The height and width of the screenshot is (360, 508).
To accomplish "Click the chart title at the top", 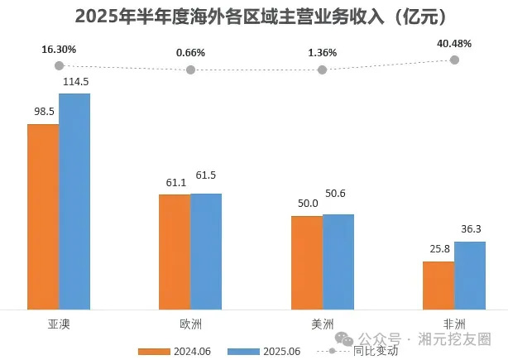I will point(254,17).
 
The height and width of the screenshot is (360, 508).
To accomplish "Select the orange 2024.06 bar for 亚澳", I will point(43,215).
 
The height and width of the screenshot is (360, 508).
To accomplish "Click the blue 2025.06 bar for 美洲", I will point(338,261).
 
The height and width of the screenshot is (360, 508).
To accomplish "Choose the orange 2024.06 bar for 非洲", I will point(439,285).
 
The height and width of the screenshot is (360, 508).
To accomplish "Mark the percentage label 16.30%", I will point(59,50).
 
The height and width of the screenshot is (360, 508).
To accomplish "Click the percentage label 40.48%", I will point(454,44).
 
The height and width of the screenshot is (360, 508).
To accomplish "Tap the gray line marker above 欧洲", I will point(190,70).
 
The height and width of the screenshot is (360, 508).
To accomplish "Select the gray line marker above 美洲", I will point(322,70).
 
